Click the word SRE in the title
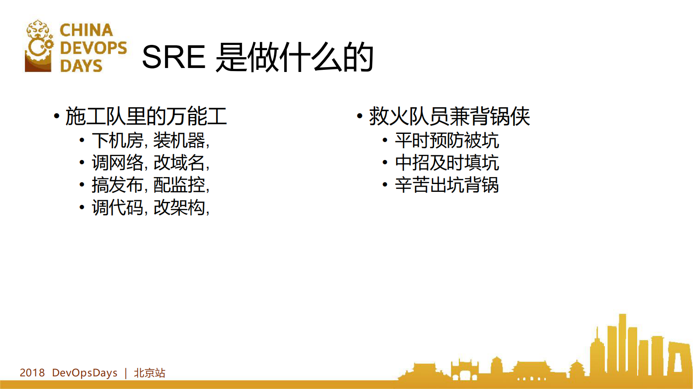pyautogui.click(x=173, y=58)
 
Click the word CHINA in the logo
pyautogui.click(x=86, y=31)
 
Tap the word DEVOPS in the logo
pyautogui.click(x=93, y=48)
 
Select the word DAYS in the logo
pyautogui.click(x=81, y=66)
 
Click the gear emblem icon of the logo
pyautogui.click(x=39, y=46)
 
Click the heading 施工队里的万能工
pyautogui.click(x=146, y=116)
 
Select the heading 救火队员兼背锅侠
pyautogui.click(x=449, y=116)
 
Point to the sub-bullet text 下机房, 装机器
pyautogui.click(x=150, y=140)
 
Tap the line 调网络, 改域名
pyautogui.click(x=150, y=163)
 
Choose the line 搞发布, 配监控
pyautogui.click(x=150, y=185)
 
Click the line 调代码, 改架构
pyautogui.click(x=150, y=207)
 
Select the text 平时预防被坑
pyautogui.click(x=447, y=140)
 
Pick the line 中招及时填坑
pyautogui.click(x=447, y=163)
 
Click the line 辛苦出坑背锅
pyautogui.click(x=447, y=185)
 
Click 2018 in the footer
pyautogui.click(x=32, y=373)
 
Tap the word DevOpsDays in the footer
pyautogui.click(x=85, y=373)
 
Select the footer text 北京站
pyautogui.click(x=149, y=373)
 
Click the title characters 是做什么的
pyautogui.click(x=295, y=58)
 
